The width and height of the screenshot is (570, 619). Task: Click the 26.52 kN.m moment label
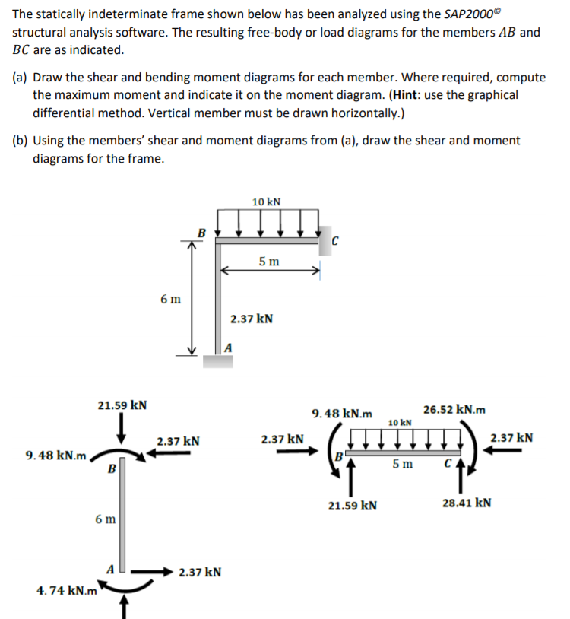454,410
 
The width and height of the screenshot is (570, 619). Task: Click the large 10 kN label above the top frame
266,202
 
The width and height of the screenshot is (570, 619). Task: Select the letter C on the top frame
334,242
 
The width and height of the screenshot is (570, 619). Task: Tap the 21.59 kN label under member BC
351,504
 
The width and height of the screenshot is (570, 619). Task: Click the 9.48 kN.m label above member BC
343,414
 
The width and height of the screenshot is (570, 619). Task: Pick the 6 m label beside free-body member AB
106,519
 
